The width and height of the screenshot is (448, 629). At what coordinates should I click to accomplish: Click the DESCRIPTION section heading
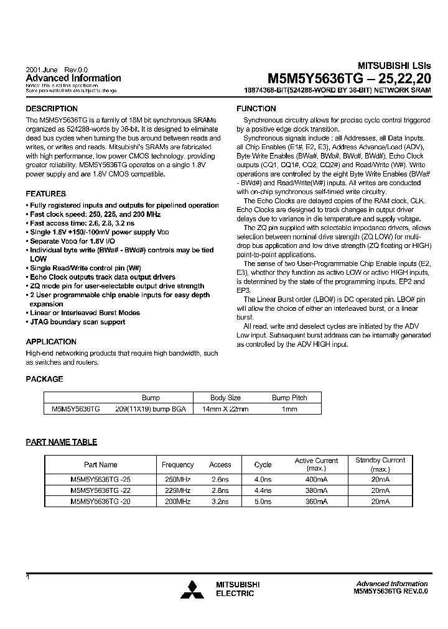click(x=52, y=109)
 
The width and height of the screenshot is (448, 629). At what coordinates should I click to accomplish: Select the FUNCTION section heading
click(x=256, y=109)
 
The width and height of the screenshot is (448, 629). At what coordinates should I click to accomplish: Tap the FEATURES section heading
click(x=46, y=194)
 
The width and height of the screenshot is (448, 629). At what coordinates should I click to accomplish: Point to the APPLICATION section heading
click(x=51, y=342)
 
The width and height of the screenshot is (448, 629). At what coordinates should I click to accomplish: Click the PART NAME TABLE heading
click(x=61, y=442)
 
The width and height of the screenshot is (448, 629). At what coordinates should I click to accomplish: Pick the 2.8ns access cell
click(x=220, y=490)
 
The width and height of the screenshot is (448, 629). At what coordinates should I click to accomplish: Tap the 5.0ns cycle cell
click(x=263, y=501)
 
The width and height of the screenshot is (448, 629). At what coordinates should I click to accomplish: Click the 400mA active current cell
click(x=317, y=480)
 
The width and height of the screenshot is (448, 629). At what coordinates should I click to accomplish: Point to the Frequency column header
click(x=177, y=464)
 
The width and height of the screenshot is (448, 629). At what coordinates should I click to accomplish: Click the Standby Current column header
click(x=380, y=464)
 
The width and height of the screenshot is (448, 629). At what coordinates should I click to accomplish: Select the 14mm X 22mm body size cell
click(x=225, y=409)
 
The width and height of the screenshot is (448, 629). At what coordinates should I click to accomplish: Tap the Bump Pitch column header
click(x=289, y=398)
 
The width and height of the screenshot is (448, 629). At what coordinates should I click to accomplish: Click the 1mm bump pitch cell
click(x=289, y=409)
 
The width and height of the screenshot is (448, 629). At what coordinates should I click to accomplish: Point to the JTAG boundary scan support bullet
click(x=77, y=322)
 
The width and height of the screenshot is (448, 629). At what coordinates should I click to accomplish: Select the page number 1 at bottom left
click(x=28, y=577)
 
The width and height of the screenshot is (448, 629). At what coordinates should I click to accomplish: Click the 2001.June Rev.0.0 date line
click(x=57, y=69)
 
